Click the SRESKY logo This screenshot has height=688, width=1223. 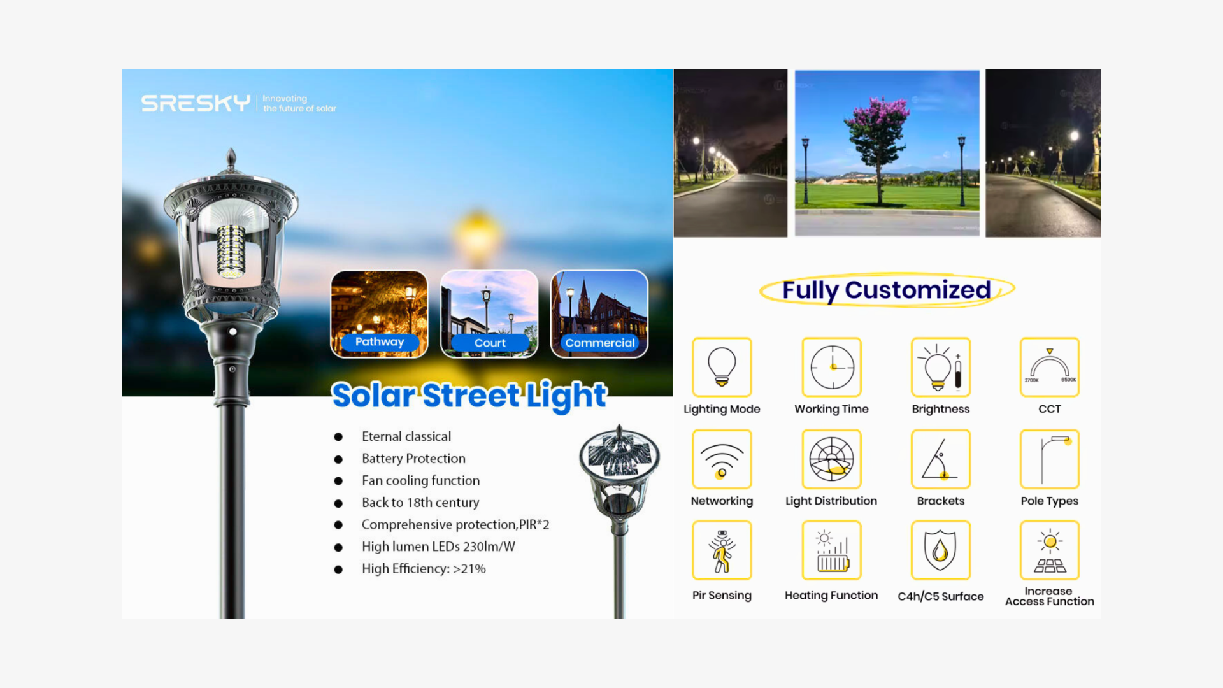[x=196, y=103]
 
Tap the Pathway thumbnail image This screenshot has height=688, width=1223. [x=379, y=314]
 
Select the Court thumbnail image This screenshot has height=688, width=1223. [x=489, y=314]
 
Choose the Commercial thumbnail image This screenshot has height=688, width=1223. [x=599, y=314]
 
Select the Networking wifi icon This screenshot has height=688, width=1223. [x=722, y=459]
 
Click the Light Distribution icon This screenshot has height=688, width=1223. [x=831, y=459]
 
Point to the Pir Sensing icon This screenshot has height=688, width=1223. [x=722, y=550]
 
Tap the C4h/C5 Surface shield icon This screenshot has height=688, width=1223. [x=941, y=550]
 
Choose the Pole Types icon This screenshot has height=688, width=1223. [x=1050, y=459]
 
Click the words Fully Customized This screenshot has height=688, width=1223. [x=887, y=290]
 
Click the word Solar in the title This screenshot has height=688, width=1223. [x=373, y=395]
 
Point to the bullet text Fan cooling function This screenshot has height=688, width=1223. [x=421, y=480]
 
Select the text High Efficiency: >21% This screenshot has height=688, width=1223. [x=424, y=569]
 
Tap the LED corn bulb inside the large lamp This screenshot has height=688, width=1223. [x=231, y=251]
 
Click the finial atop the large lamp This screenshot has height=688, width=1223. [x=231, y=159]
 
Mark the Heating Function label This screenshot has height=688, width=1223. [x=831, y=595]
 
